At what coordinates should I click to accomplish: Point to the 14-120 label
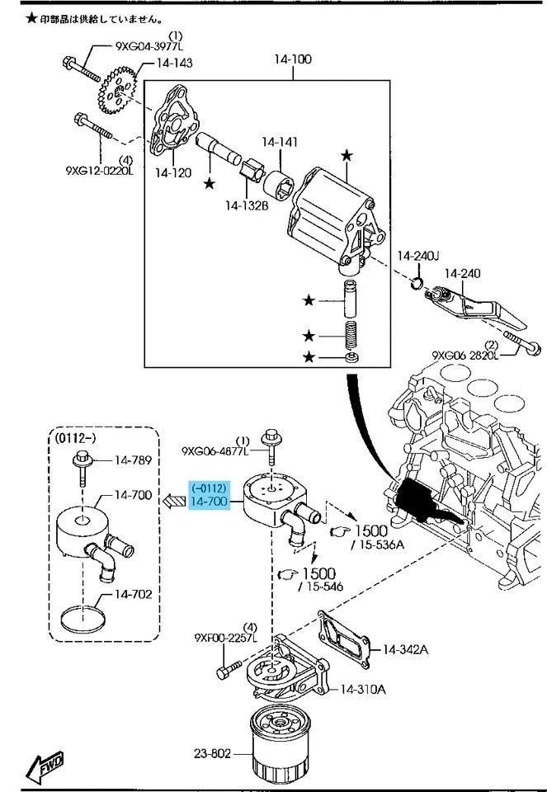pyautogui.click(x=173, y=173)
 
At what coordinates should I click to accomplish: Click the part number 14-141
pyautogui.click(x=280, y=142)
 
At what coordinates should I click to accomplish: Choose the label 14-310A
pyautogui.click(x=362, y=689)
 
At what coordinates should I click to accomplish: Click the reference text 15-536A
pyautogui.click(x=378, y=544)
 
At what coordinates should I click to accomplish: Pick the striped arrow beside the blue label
pyautogui.click(x=174, y=500)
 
